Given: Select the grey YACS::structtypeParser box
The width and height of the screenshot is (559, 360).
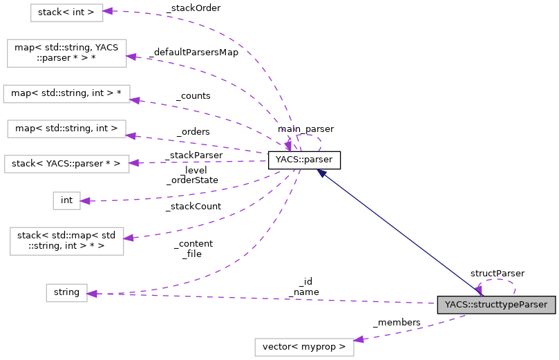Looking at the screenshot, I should tap(495, 305).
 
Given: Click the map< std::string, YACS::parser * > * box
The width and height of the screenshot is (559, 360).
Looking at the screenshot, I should tap(66, 53).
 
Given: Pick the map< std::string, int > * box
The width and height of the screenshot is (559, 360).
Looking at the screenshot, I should tap(66, 93).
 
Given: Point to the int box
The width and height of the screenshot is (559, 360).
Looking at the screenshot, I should tap(66, 200).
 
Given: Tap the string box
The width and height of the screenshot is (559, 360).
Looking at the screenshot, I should tap(66, 292).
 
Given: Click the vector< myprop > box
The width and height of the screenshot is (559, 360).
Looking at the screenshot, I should tap(304, 346).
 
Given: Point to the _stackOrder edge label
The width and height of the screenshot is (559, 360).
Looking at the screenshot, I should tap(193, 8).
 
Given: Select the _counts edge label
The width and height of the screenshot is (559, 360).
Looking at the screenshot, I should tap(193, 96).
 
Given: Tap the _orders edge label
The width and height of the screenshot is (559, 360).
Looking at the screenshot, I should tap(193, 131).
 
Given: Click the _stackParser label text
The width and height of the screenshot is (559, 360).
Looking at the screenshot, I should tap(193, 155).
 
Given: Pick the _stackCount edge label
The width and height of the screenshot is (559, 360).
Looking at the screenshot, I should tap(193, 206).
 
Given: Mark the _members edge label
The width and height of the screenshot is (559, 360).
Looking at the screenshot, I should tap(396, 323).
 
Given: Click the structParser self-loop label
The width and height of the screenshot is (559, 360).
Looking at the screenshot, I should tap(497, 274).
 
